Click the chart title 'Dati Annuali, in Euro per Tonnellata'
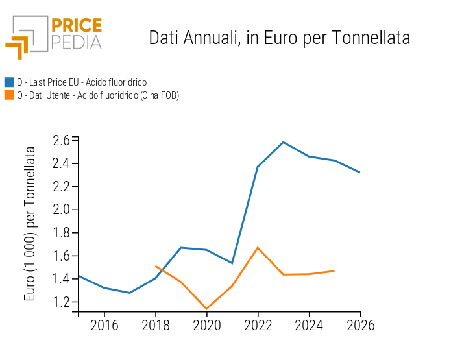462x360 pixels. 279,38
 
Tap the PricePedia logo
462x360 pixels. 54,36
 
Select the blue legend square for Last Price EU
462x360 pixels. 9,82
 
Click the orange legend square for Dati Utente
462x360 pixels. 9,95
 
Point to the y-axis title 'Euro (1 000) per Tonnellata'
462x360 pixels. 30,223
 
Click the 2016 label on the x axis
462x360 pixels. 104,326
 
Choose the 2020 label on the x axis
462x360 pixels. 206,326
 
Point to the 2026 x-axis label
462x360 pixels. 360,326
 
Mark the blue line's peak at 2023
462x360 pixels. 284,142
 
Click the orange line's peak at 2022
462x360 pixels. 258,247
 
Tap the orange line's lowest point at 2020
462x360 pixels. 206,309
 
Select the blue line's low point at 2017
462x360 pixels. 130,293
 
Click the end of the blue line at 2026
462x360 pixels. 360,173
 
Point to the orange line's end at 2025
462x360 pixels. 334,270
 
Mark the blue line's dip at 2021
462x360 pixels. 232,263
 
